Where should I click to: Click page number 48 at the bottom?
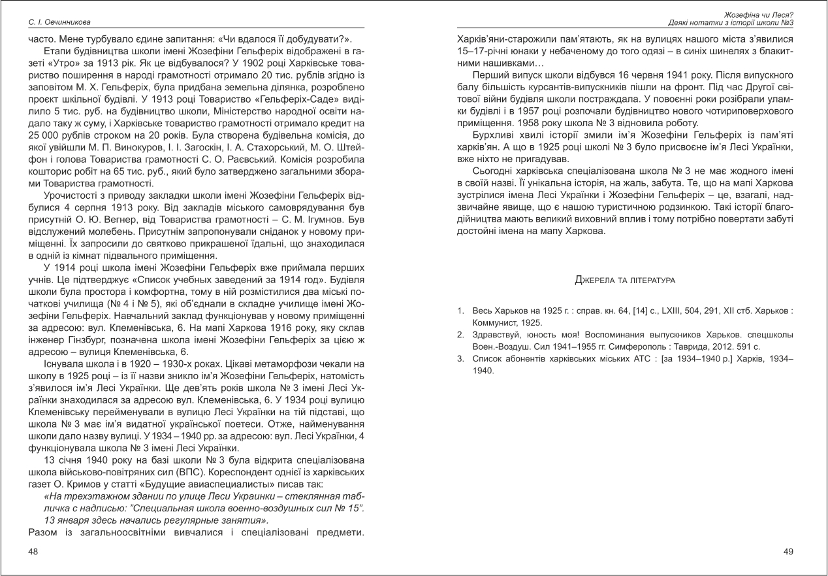pos(33,552)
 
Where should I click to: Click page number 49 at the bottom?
pos(788,552)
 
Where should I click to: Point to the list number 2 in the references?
pos(460,335)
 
